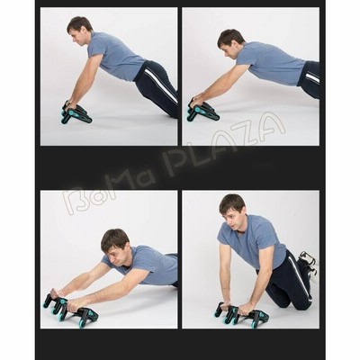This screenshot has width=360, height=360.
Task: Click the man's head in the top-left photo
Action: pos(79,31)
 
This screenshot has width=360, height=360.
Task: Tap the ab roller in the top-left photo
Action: pos(76,112)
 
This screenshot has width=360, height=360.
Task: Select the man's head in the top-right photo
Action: pos(229,45)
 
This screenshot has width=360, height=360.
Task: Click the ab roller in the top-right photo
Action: pos(203,111)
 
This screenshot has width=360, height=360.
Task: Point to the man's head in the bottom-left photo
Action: pos(114,247)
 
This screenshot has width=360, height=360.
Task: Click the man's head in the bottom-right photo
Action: pos(233,212)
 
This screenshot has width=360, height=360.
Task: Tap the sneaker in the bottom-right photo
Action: pos(309,264)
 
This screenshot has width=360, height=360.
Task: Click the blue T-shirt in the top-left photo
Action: pos(115,57)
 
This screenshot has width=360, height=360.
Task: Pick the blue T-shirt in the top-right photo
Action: pos(270,63)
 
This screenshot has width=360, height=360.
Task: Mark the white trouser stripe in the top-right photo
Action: pos(312,77)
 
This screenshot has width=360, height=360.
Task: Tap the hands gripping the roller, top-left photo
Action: pos(70,105)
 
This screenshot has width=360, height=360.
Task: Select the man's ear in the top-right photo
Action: pos(236,48)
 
